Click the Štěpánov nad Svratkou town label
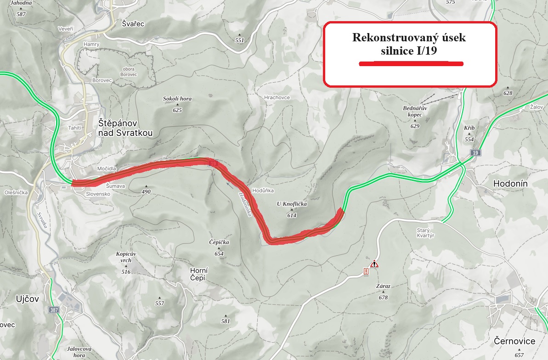[x=125, y=128]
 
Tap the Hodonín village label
[x=510, y=184]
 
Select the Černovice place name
[x=514, y=341]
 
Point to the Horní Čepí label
[x=199, y=275]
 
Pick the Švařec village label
[x=133, y=24]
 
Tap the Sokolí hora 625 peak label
[x=177, y=104]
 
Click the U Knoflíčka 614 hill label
[x=291, y=209]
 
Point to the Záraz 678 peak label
[x=383, y=291]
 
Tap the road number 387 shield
[x=54, y=310]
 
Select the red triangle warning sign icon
[x=374, y=264]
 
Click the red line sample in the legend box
[x=411, y=64]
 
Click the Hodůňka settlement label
[x=263, y=190]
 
